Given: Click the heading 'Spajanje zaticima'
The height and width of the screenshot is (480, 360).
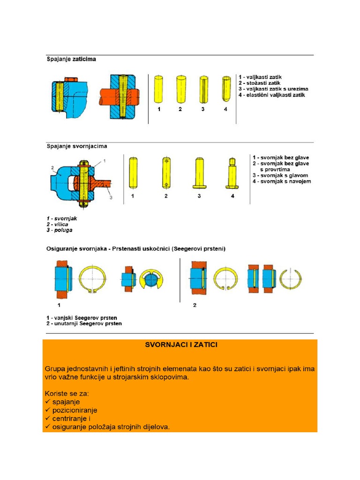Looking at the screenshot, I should (72, 60).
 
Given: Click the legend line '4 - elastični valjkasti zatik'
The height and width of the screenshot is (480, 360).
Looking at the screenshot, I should (272, 95).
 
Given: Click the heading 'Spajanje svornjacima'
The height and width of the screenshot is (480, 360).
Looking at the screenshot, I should (76, 146).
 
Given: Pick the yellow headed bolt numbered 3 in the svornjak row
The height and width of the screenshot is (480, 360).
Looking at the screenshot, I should (199, 173).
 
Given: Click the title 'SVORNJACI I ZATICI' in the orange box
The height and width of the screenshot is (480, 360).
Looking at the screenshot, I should (180, 345).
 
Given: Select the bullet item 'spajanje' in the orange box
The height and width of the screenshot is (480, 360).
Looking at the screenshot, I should (66, 402).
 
